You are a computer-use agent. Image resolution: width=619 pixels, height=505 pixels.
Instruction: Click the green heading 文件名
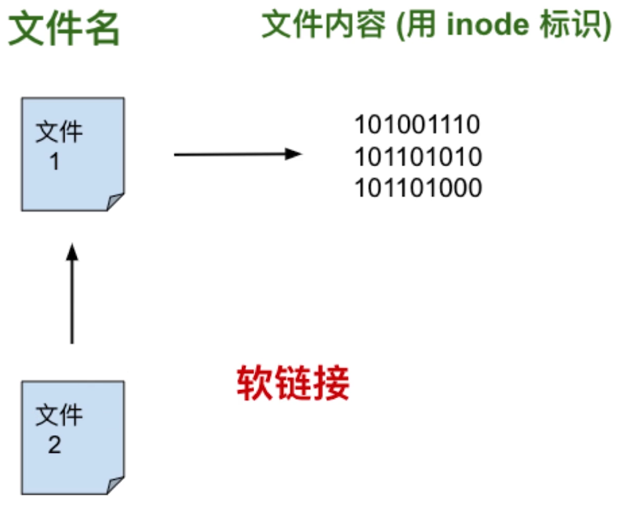click(64, 30)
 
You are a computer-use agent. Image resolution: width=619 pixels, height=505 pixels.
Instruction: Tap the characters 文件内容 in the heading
click(323, 26)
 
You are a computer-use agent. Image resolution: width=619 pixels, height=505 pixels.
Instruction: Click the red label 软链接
click(293, 382)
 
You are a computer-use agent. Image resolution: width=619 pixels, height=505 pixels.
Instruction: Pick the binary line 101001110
click(417, 125)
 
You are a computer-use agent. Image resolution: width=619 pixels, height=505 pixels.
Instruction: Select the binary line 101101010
click(418, 157)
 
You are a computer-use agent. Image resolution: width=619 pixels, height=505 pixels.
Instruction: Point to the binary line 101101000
click(418, 188)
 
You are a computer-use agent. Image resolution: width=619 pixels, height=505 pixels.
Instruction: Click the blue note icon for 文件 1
click(73, 154)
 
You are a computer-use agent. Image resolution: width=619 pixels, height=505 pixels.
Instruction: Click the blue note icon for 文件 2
click(73, 437)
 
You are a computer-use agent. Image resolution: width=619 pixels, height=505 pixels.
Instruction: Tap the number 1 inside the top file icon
click(55, 162)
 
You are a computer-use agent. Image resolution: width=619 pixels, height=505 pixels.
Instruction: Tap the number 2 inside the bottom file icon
click(55, 445)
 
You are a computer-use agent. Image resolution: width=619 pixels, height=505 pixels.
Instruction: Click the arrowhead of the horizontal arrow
click(295, 154)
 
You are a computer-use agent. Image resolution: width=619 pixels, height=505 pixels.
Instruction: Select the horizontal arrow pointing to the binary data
click(235, 154)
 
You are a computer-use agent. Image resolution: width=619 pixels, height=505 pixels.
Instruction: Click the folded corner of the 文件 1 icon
click(114, 202)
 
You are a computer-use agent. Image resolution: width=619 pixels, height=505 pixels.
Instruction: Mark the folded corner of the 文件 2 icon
click(114, 484)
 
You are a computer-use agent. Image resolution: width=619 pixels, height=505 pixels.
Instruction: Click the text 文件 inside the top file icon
click(59, 133)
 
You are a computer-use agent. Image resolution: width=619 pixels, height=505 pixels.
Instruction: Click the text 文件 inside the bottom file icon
click(59, 416)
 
